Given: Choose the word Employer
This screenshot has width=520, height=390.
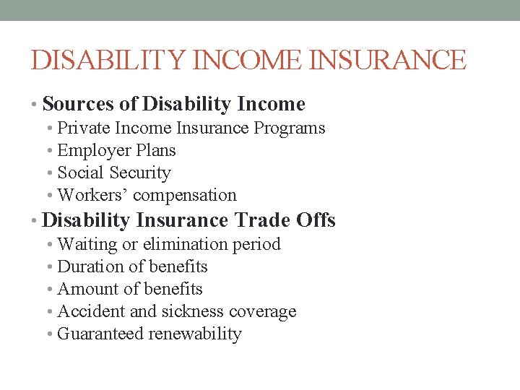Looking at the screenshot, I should point(90,151).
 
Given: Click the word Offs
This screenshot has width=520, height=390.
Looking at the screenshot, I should point(316,220).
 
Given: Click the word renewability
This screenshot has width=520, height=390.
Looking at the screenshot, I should point(195,334).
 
